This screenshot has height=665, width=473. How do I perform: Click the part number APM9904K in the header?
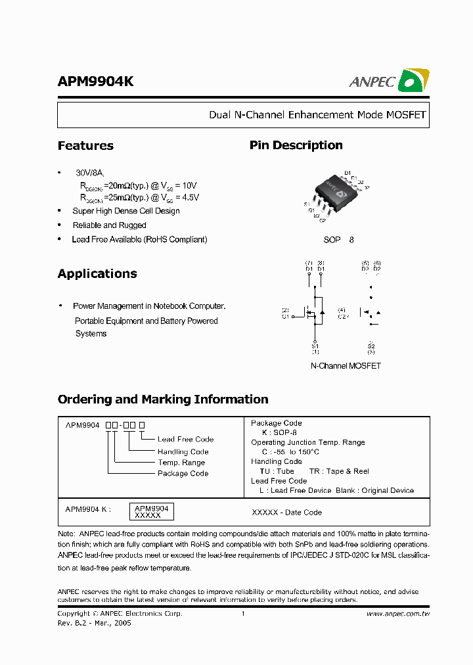(96, 81)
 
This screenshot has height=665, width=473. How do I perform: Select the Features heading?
(85, 146)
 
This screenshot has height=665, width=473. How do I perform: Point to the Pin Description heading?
(296, 145)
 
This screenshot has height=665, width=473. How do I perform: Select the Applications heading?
(97, 274)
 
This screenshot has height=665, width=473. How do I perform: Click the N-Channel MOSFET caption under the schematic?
(346, 366)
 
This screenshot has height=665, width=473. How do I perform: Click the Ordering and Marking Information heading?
(163, 400)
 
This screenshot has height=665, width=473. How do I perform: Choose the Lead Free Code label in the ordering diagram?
(185, 440)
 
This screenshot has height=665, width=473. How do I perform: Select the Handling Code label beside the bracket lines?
(183, 451)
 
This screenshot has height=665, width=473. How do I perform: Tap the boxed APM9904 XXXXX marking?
(152, 512)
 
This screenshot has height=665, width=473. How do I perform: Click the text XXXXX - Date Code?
(286, 513)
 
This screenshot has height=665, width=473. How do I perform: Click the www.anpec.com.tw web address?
(397, 614)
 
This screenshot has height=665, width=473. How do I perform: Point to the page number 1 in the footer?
(243, 614)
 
